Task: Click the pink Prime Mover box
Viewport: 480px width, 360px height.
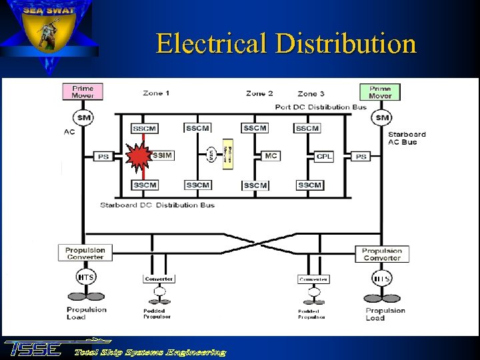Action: (x=83, y=92)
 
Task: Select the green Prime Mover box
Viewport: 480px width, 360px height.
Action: (x=380, y=92)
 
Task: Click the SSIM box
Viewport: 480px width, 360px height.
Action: (x=163, y=155)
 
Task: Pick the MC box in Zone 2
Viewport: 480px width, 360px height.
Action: (x=271, y=156)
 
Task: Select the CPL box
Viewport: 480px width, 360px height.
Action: (x=324, y=157)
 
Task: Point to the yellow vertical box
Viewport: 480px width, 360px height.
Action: (x=227, y=156)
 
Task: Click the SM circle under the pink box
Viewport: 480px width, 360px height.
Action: (x=84, y=118)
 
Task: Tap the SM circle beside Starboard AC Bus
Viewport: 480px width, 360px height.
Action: (x=382, y=118)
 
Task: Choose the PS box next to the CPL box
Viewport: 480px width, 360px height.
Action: (x=361, y=157)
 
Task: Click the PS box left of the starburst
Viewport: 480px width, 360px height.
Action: (x=103, y=156)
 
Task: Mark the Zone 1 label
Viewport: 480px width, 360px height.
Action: (x=156, y=93)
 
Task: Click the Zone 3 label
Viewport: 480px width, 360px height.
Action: (x=311, y=94)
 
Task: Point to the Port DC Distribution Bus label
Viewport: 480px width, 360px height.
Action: (x=321, y=107)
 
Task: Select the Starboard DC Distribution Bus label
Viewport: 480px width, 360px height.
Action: (x=157, y=205)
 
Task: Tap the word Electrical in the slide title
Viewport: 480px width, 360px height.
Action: (x=211, y=44)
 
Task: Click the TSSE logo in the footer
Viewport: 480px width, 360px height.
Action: (x=33, y=349)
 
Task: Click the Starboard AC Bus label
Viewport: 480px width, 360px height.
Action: (x=407, y=138)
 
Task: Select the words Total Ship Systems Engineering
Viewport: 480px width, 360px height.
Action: (x=150, y=352)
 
